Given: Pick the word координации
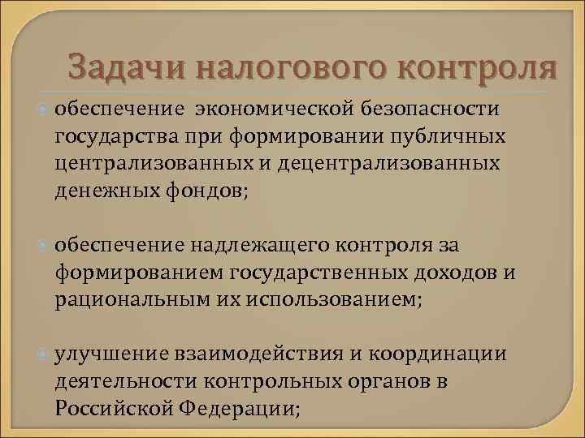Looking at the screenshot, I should pyautogui.click(x=438, y=354).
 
